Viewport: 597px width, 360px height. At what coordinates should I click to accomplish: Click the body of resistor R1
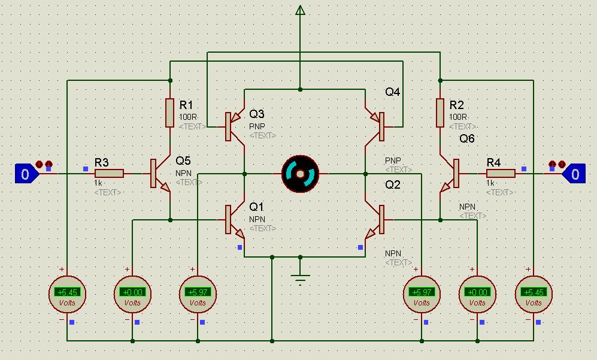tap(170, 113)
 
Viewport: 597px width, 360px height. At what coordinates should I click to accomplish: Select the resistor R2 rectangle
tap(440, 113)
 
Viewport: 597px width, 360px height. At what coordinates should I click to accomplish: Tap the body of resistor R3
tap(109, 174)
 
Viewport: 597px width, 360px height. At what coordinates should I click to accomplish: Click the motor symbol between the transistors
tap(300, 174)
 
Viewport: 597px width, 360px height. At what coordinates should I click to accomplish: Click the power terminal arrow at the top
tap(300, 10)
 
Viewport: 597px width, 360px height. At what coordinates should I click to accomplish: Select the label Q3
tap(257, 114)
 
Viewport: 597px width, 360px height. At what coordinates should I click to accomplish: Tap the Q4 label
tap(393, 92)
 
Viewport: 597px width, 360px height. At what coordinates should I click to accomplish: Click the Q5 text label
tap(183, 161)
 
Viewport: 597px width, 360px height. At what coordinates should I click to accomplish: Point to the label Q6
tap(467, 138)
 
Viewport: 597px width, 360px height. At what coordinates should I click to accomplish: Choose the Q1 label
tap(256, 207)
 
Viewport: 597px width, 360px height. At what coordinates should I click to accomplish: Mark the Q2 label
tap(392, 184)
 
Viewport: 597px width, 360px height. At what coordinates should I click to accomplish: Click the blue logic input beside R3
tap(25, 174)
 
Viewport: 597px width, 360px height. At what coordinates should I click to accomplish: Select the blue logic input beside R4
tap(574, 174)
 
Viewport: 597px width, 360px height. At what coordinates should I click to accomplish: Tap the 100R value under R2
tap(458, 117)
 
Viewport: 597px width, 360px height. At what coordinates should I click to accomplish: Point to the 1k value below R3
tap(98, 183)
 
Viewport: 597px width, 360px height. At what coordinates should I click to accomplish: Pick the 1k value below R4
tap(490, 183)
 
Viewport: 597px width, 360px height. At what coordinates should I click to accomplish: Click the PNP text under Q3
tap(257, 126)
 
